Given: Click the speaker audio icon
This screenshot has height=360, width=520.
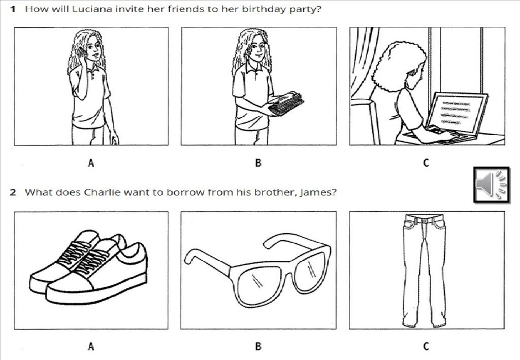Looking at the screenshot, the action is [491, 184].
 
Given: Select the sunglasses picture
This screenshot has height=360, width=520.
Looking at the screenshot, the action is [257, 270].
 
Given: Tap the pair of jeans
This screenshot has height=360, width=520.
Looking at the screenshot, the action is [424, 270].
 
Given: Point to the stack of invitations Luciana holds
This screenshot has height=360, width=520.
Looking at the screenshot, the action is [286, 104].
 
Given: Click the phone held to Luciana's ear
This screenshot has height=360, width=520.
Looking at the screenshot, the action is [81, 53].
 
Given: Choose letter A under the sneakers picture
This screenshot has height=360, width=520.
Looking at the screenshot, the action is [91, 346].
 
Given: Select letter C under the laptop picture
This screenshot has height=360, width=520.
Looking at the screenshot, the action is [426, 163].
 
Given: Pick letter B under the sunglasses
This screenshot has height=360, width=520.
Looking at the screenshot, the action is [258, 346].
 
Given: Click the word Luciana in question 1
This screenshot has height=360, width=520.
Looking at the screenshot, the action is [92, 9].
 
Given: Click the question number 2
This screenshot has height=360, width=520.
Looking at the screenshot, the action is [13, 192].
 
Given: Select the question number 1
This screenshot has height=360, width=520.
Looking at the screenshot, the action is [13, 9].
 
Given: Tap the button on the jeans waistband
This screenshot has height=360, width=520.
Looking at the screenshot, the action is [425, 220].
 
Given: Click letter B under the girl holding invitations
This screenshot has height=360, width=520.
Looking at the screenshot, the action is [258, 163].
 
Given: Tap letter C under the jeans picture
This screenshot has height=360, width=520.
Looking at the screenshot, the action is [426, 346].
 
